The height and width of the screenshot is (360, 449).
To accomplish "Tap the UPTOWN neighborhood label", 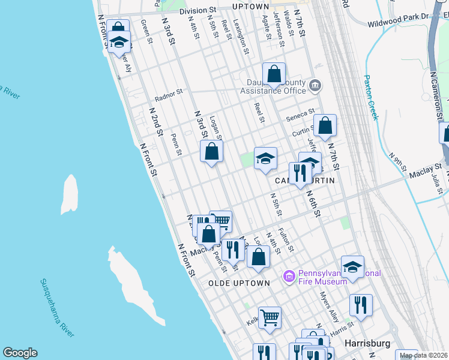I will (251, 7).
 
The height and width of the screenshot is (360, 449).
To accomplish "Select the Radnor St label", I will (168, 94).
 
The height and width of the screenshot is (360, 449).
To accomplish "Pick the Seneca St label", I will (300, 113).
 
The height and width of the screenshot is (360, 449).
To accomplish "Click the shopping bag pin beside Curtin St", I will (325, 127).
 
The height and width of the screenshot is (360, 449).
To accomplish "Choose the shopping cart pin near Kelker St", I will (270, 317).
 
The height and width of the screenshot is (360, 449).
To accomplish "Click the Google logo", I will (20, 353).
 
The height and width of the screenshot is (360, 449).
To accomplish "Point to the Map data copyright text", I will (423, 355).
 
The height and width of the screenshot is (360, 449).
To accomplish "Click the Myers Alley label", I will (329, 306).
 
